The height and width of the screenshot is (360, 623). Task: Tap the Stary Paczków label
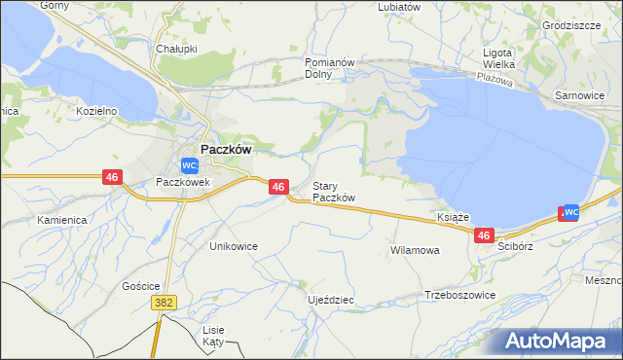tap(334, 192)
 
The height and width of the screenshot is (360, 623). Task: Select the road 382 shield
tap(165, 305)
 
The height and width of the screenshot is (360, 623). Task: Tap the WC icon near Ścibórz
tap(572, 211)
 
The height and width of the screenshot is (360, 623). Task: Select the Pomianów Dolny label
tap(333, 67)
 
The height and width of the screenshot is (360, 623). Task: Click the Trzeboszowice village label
tap(460, 295)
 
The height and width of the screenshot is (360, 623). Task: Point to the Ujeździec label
tap(330, 300)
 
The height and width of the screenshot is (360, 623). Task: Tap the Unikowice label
tap(234, 246)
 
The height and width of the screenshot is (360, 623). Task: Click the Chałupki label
tap(177, 48)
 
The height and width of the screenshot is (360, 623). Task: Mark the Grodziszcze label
tap(572, 25)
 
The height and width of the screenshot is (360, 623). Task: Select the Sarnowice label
tap(579, 96)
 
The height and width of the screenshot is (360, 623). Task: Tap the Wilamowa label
tap(416, 250)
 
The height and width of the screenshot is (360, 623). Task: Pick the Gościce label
tap(141, 286)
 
